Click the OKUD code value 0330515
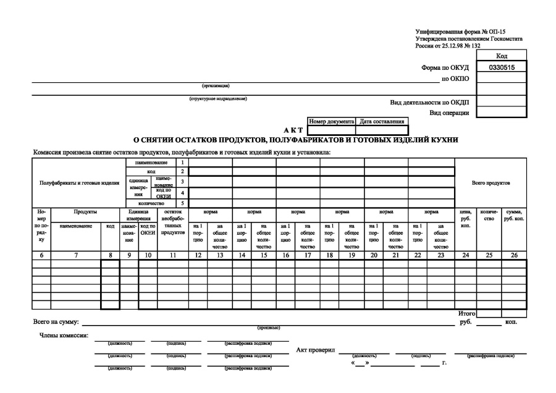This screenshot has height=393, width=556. (502, 67)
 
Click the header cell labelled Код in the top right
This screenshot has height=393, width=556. (502, 56)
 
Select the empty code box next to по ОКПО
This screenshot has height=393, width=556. (502, 78)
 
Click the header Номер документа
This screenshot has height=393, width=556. (331, 122)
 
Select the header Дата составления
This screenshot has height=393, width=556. (381, 122)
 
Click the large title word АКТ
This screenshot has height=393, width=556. (291, 130)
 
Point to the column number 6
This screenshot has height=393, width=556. (41, 255)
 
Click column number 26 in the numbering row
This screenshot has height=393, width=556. (514, 255)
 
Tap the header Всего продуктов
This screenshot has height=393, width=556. (491, 183)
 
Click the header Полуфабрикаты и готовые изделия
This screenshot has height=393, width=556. (79, 183)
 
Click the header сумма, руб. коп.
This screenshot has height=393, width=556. (514, 216)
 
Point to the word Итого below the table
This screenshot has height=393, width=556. (467, 314)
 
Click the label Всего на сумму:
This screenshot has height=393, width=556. (56, 322)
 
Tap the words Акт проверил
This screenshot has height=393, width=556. (316, 350)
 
